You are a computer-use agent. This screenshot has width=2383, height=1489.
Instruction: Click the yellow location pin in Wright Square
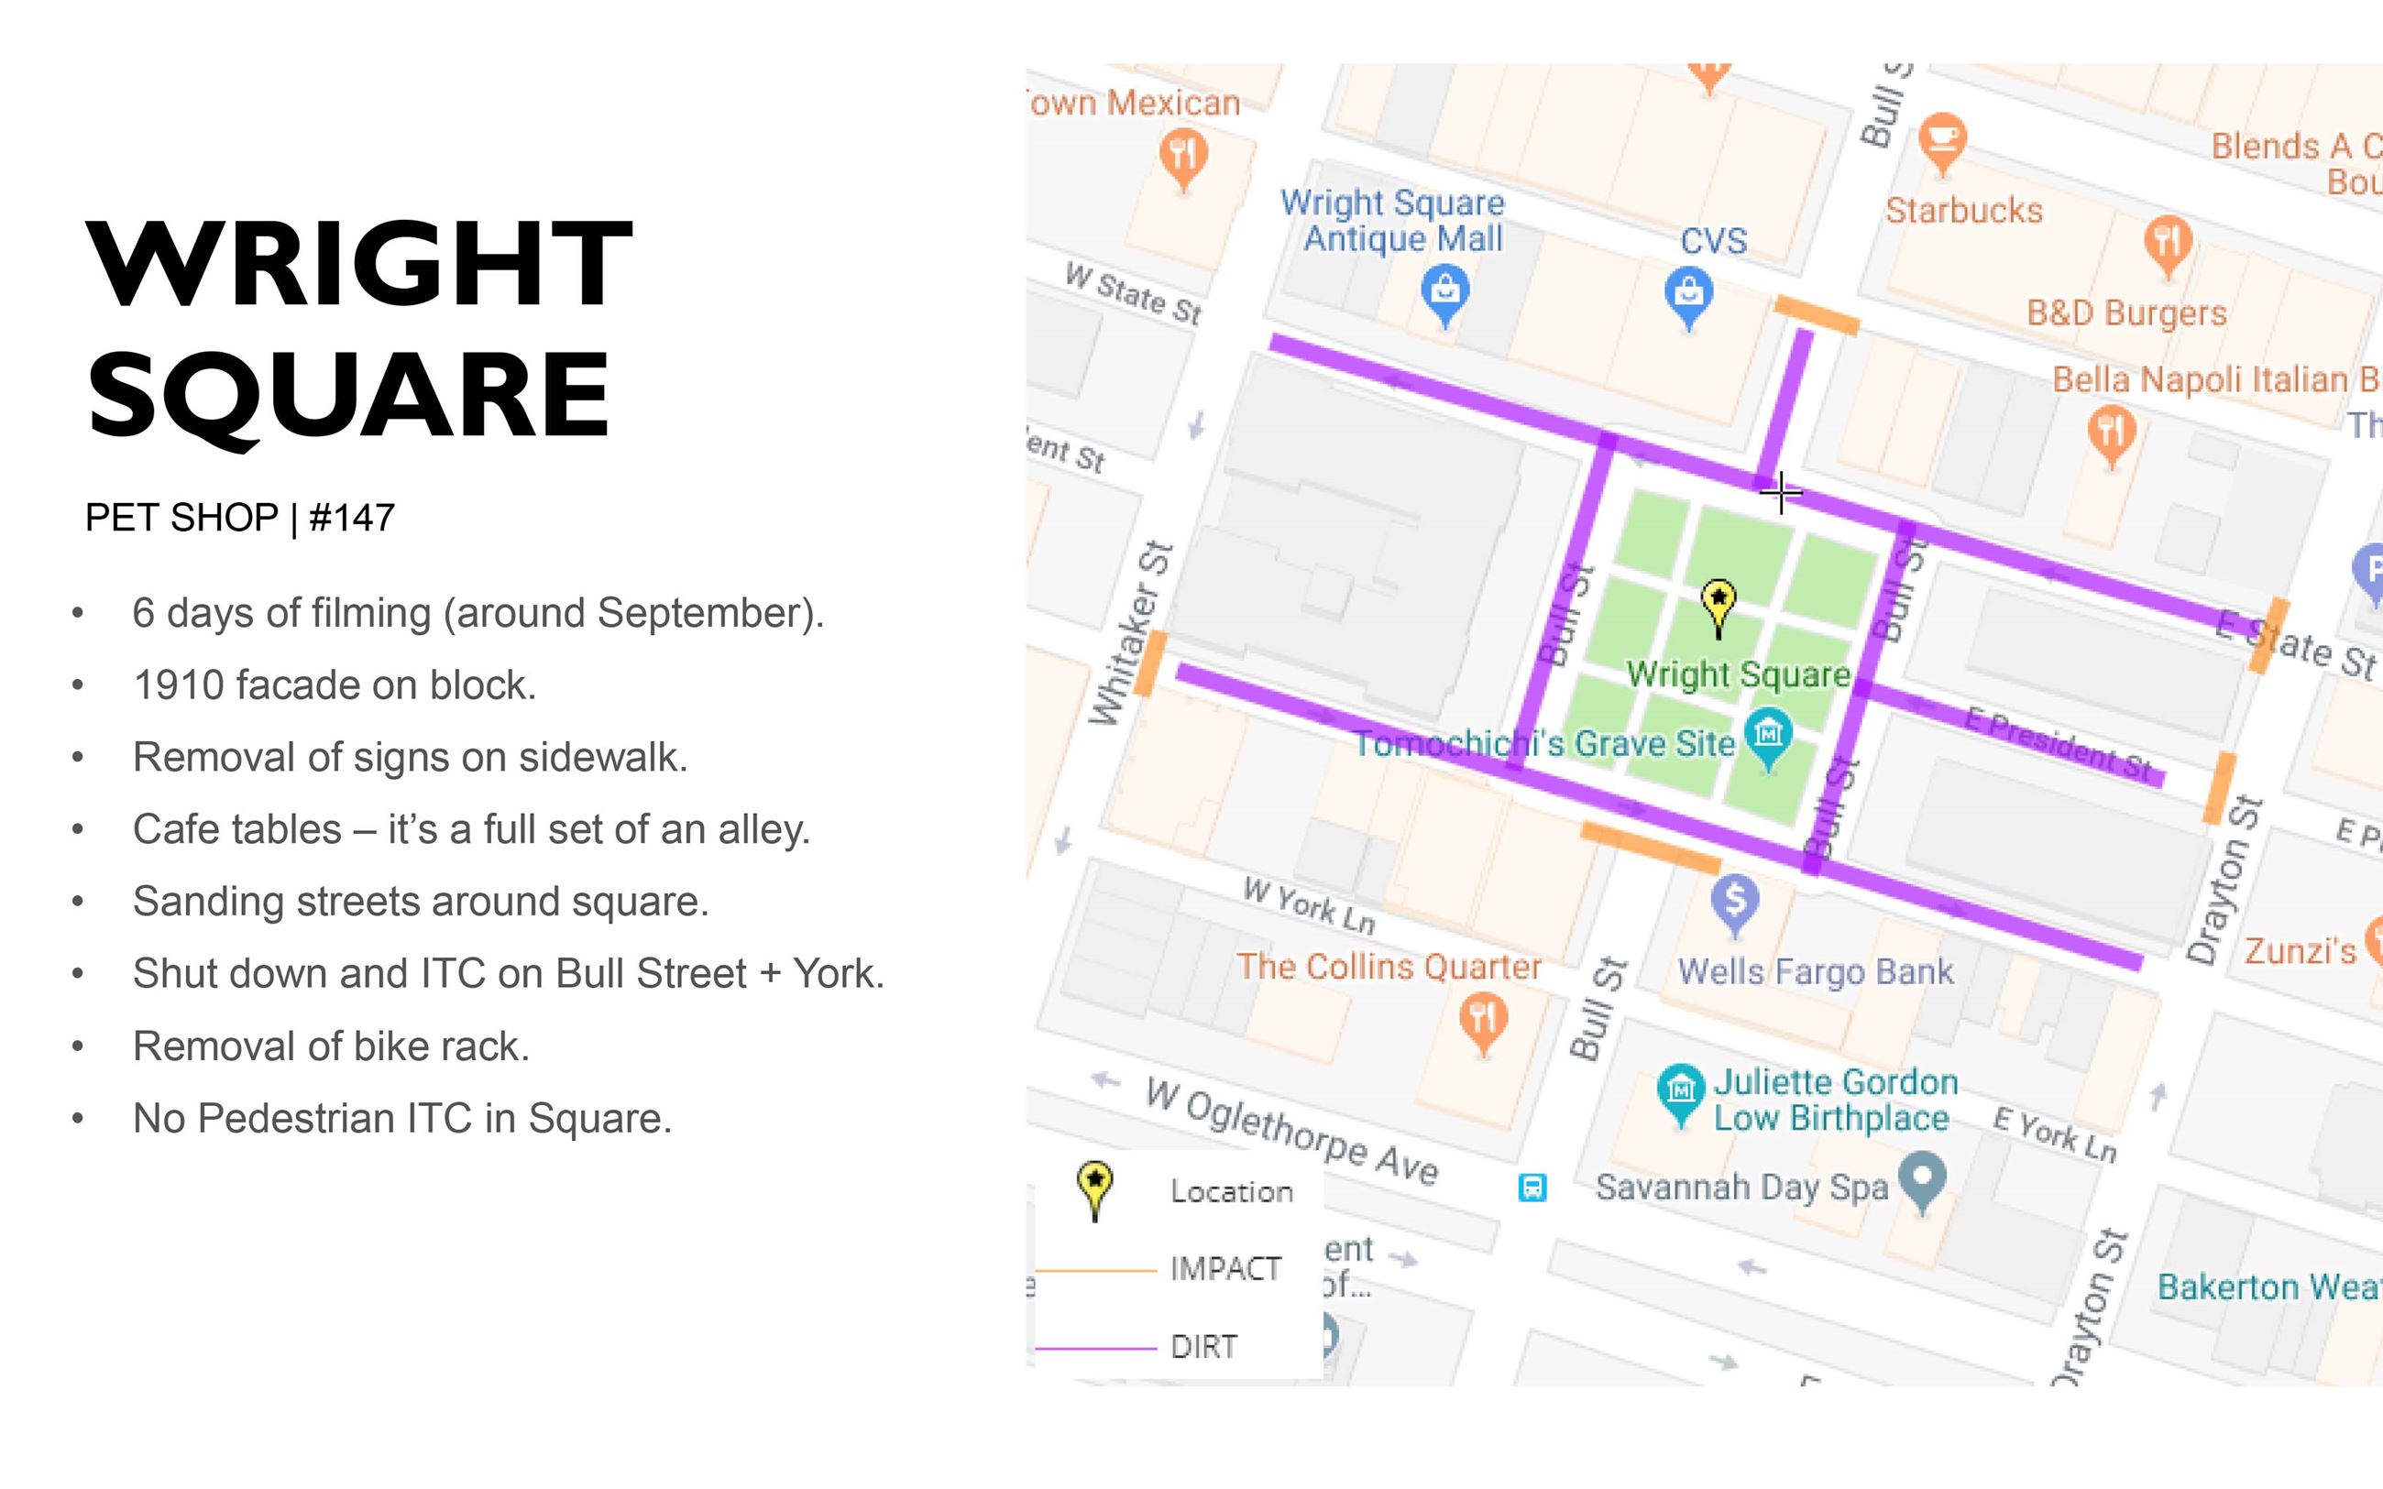[1719, 603]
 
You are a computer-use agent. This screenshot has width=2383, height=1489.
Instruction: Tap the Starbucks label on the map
[1963, 211]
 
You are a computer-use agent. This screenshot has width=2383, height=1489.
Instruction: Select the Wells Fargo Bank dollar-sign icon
[1735, 900]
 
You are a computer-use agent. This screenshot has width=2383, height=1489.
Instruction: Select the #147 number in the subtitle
[352, 518]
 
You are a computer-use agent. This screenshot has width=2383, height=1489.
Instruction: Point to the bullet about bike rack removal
[331, 1046]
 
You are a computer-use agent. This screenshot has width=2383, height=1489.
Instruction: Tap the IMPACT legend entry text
[1225, 1268]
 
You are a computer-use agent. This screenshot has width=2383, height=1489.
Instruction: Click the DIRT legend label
[1203, 1346]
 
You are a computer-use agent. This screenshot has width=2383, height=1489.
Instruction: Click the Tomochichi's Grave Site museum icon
[1768, 736]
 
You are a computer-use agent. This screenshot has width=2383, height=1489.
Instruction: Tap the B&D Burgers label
[2126, 313]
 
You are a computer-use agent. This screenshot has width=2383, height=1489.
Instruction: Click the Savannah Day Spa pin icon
[1922, 1177]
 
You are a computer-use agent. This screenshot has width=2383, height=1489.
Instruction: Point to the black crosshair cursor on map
[1780, 491]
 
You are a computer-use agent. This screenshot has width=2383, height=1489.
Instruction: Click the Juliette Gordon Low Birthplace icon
[1680, 1091]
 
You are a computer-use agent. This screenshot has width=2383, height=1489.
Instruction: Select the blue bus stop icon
[1532, 1188]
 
